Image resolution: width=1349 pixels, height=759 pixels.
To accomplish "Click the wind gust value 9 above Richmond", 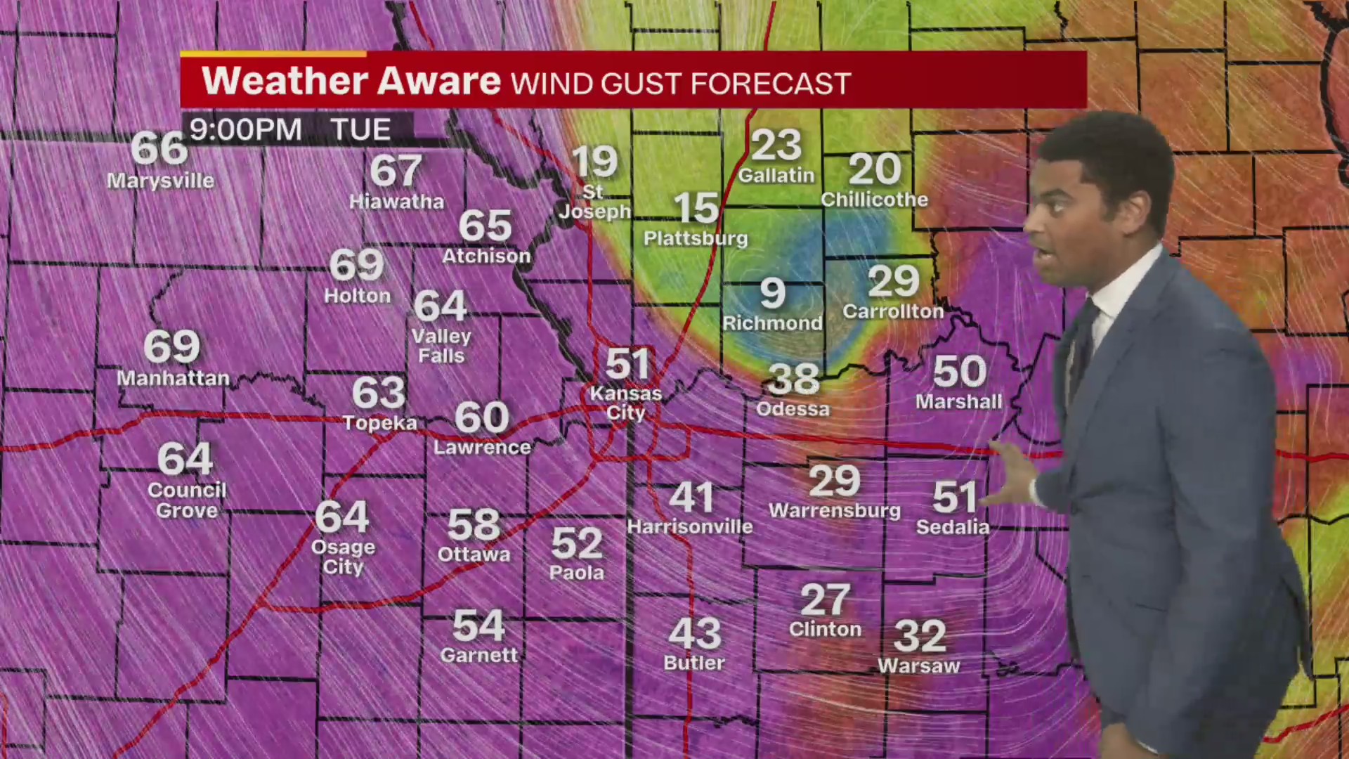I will pos(772,293).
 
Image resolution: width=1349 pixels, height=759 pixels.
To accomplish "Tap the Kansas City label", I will pos(625,403).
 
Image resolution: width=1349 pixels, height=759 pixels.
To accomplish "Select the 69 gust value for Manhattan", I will pos(172,346).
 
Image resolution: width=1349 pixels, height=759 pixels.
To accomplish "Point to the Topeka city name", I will pos(379,423).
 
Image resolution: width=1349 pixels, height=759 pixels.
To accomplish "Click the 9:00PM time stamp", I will pos(246,130).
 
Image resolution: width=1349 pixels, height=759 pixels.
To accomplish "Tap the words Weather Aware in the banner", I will pos(351,81).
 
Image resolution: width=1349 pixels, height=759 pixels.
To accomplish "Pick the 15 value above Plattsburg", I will pos(696,209).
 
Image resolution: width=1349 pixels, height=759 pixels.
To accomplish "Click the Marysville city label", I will pos(160,181).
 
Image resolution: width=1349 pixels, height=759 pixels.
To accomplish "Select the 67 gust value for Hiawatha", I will pos(396,171).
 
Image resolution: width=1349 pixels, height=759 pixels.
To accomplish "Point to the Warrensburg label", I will pos(835,511).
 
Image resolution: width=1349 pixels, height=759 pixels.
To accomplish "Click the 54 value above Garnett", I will pos(479,625).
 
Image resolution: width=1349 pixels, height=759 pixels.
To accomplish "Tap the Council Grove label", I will pos(187,500).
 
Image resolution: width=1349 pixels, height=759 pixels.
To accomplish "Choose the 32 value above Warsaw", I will pos(920,637).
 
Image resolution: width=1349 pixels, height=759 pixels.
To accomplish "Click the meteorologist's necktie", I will pos(1083,344).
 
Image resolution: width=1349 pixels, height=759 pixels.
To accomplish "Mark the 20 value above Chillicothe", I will pos(875,169).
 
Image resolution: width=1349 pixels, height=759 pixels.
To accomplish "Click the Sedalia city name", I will pos(953,527).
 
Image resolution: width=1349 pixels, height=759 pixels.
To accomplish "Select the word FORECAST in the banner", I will pos(771,84).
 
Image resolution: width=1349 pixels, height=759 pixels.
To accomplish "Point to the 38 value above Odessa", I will pos(793,380).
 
